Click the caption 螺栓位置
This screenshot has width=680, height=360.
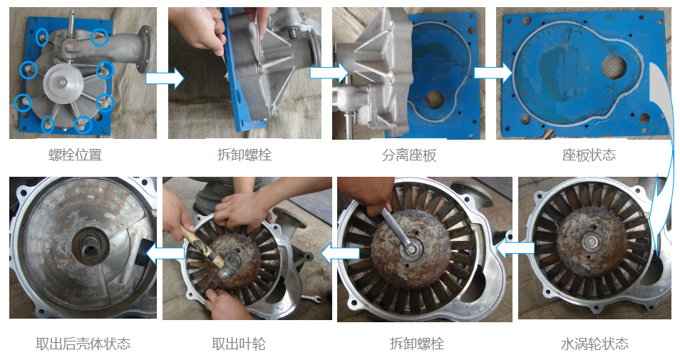point(75,155)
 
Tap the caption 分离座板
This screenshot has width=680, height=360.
point(409,155)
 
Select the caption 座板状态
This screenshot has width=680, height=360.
point(589,155)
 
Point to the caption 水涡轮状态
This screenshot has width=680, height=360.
point(594,344)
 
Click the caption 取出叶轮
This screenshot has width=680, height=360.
point(239,344)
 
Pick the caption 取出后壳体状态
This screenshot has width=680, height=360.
point(83,344)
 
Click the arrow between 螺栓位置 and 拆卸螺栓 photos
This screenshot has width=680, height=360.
point(165,78)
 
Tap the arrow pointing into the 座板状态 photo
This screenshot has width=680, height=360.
point(493,73)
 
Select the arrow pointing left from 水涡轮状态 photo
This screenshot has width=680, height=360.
point(515,248)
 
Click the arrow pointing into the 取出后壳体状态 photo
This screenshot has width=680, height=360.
point(165,253)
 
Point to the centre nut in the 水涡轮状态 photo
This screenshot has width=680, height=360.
point(592,242)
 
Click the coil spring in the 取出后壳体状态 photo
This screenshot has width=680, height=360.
point(91,249)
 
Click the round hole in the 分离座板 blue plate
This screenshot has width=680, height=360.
point(433,100)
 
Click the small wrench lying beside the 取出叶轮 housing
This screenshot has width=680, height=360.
point(311,299)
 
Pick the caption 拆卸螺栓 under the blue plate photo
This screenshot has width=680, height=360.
point(244,155)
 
